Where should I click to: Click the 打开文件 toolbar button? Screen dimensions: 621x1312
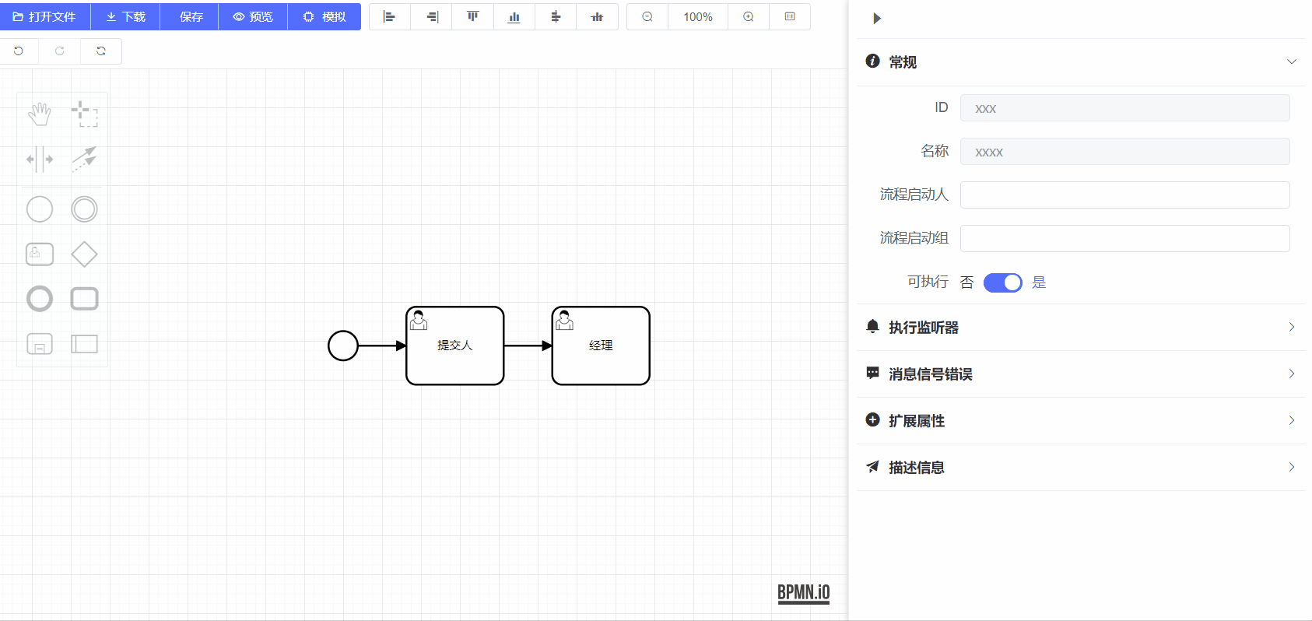click(45, 16)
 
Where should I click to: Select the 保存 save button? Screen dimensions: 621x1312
click(191, 16)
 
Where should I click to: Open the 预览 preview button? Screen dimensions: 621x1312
click(253, 16)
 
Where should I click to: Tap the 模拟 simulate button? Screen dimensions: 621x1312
click(324, 16)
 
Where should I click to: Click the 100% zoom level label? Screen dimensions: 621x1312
click(698, 16)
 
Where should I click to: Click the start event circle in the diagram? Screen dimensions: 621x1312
click(343, 346)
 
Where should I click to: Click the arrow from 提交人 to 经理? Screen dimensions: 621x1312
click(528, 346)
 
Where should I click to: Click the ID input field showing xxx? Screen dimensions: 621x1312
click(1124, 108)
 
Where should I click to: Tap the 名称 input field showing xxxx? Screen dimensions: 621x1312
click(1124, 152)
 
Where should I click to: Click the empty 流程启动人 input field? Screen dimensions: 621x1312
click(1124, 195)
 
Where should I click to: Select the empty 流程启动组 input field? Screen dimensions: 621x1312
click(1124, 239)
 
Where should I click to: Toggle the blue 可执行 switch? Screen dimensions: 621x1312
click(1002, 282)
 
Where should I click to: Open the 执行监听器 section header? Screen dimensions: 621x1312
click(924, 328)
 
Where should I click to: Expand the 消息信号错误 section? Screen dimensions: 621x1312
click(931, 374)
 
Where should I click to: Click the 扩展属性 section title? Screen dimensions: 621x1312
click(917, 421)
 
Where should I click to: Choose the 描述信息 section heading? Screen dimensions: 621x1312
click(917, 468)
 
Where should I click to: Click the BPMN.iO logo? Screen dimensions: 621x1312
click(804, 593)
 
